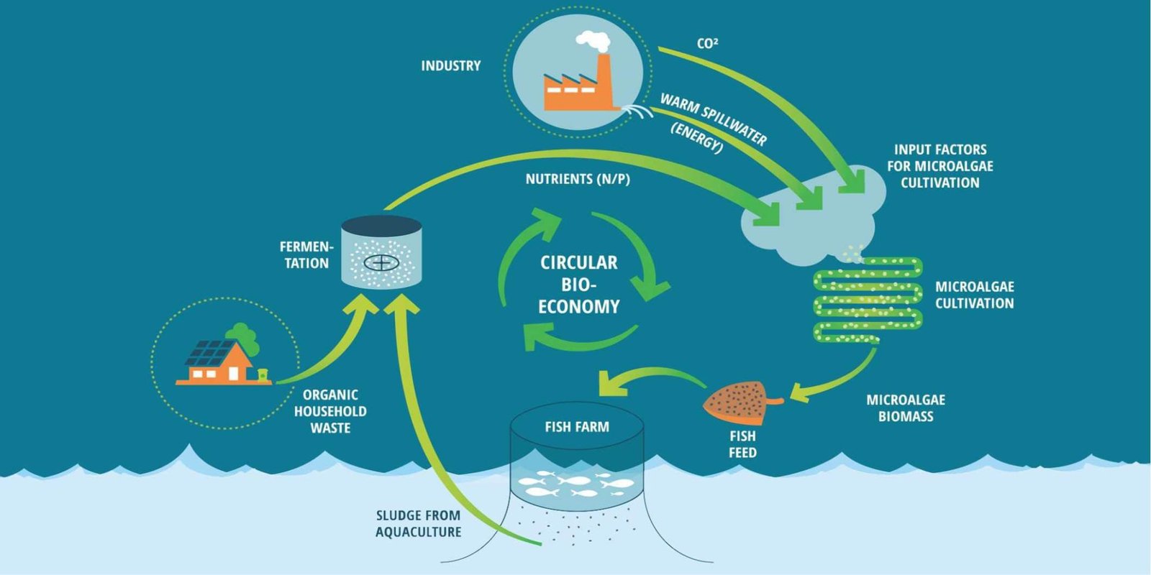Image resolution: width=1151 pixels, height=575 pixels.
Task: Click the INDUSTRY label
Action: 450,66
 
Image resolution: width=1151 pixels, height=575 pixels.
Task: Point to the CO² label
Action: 707,44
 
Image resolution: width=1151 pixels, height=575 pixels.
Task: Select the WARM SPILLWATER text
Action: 713,119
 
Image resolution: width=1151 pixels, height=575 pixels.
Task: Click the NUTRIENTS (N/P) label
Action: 578,179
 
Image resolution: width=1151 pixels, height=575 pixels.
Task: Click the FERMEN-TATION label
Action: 306,255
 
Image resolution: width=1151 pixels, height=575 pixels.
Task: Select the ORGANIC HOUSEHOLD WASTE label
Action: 330,411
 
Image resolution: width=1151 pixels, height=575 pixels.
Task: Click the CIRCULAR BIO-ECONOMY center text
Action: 579,285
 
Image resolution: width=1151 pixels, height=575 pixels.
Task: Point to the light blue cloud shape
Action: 813,216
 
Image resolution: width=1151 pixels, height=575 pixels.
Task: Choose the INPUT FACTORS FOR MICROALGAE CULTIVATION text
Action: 940,166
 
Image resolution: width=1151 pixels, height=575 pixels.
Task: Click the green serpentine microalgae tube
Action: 868,299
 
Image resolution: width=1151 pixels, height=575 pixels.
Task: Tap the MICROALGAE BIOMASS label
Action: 906,408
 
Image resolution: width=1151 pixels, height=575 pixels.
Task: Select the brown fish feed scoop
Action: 737,402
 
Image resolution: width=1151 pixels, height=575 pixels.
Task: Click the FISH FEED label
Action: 742,444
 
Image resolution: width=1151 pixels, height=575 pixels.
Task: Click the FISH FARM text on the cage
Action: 577,427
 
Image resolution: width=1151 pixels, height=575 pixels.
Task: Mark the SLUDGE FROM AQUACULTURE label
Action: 418,524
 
